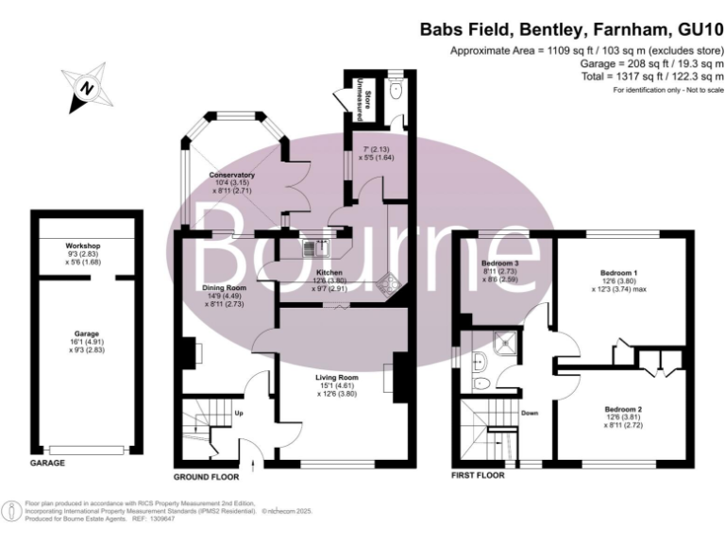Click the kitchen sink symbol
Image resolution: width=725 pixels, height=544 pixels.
click(313, 249)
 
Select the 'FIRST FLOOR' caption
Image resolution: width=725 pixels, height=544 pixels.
click(479, 476)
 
